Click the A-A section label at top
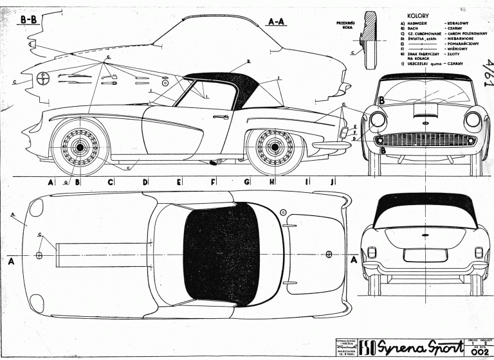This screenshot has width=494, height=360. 275,21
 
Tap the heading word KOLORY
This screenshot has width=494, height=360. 419,14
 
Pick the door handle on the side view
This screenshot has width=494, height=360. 221,117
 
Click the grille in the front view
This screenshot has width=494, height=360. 426,140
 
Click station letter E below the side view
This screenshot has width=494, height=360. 179,183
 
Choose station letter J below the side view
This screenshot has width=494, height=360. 332,183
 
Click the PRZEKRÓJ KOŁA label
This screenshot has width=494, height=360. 345,25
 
